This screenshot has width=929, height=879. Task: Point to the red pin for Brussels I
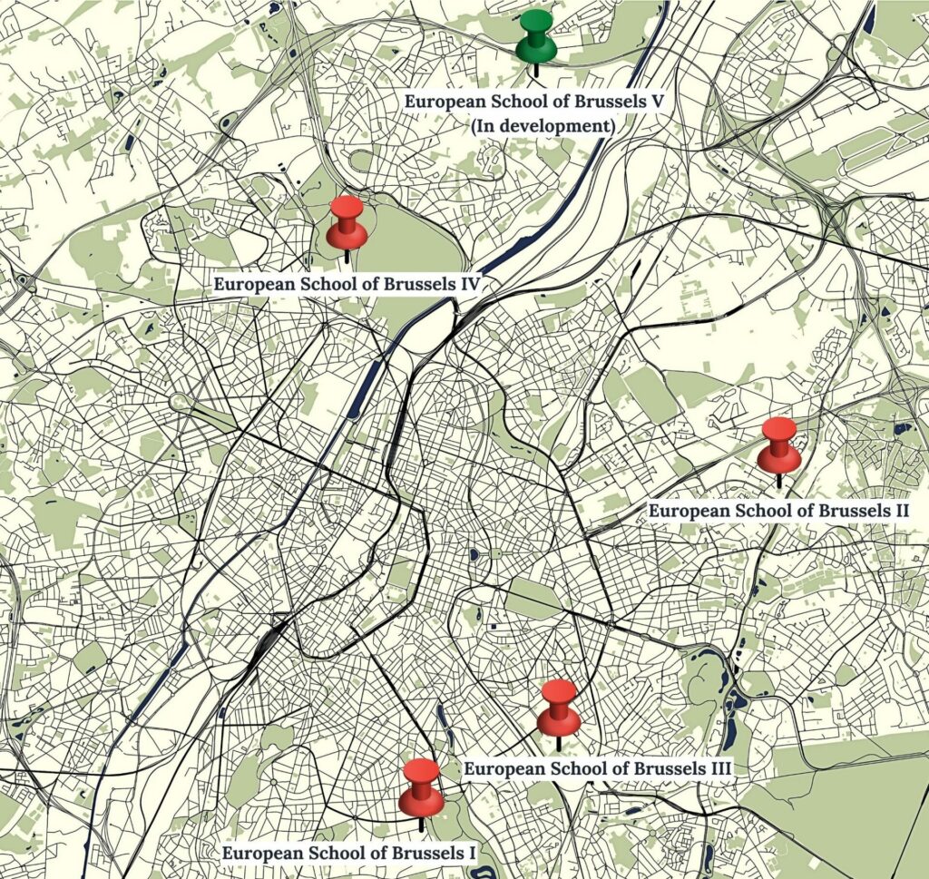(x=421, y=788)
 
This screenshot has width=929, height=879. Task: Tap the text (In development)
(x=543, y=126)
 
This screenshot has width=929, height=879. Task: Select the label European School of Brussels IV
(x=347, y=284)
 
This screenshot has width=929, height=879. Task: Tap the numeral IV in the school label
(x=468, y=284)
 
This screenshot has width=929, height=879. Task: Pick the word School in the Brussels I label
(x=326, y=854)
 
